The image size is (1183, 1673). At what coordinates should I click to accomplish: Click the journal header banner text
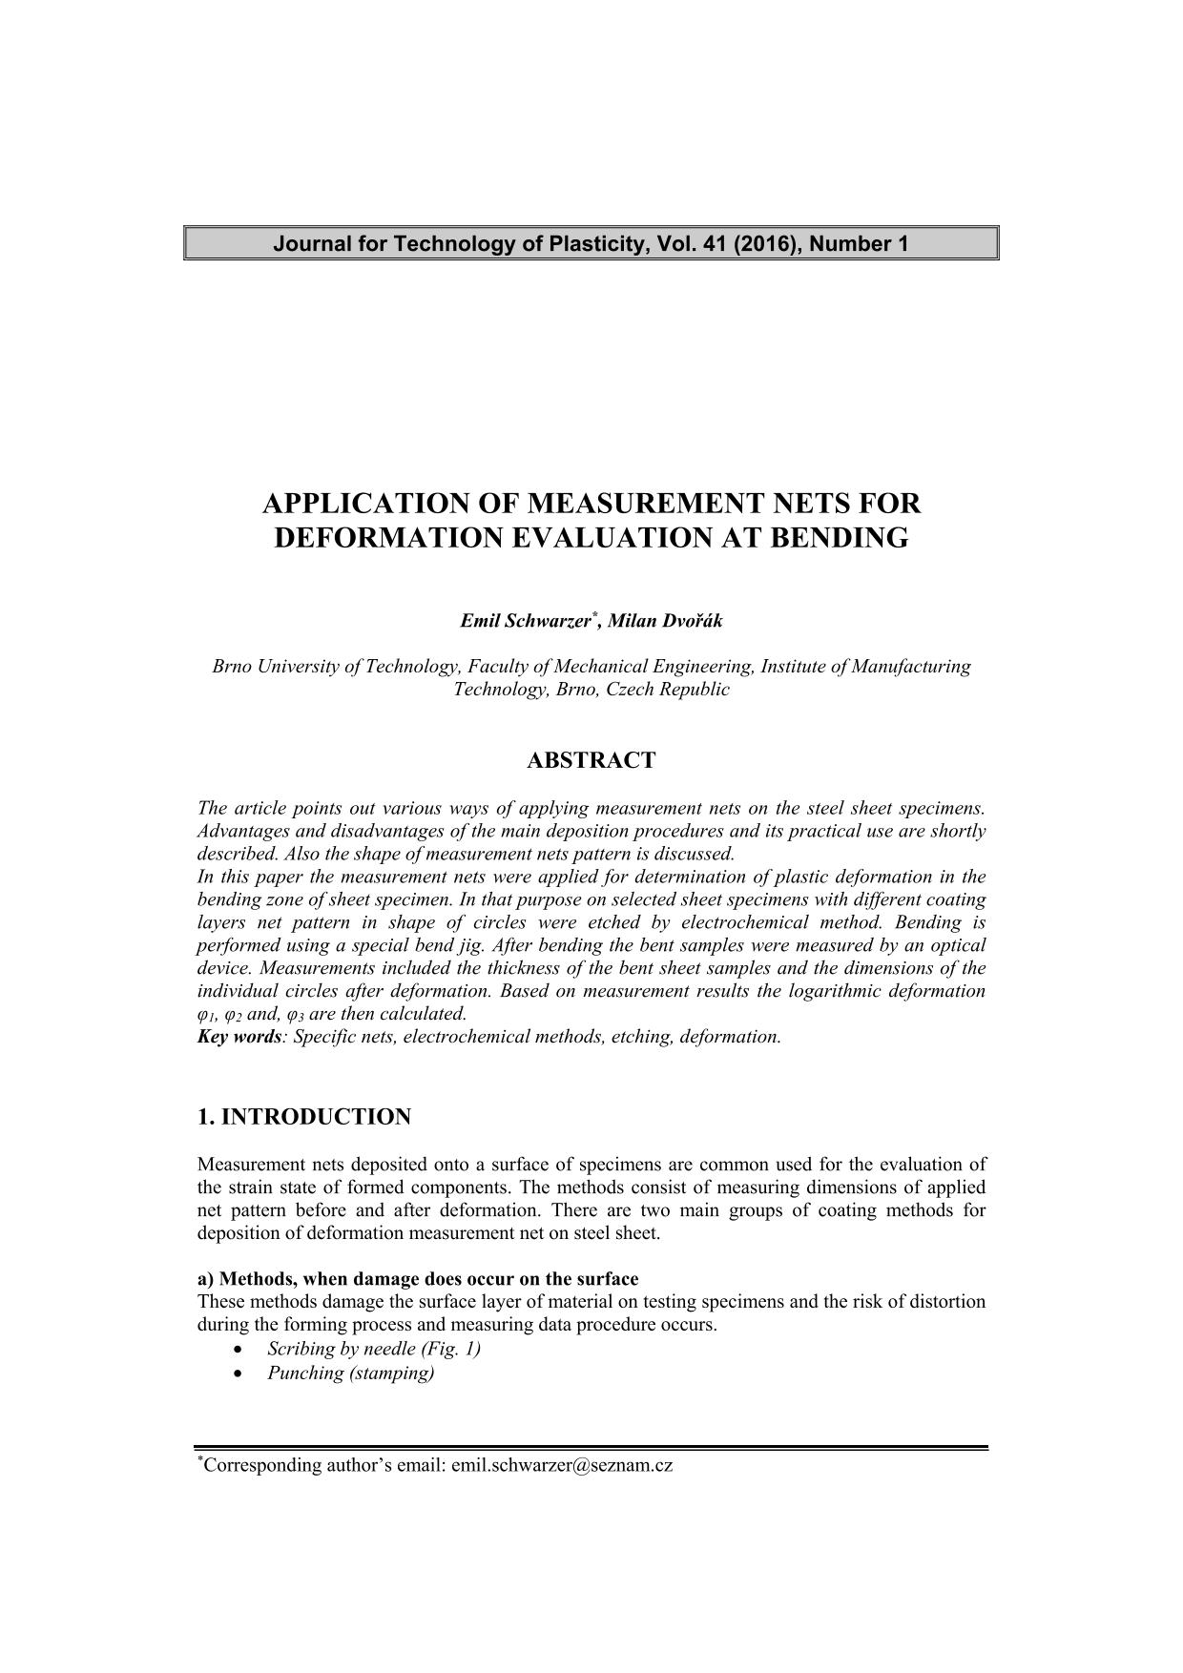591,244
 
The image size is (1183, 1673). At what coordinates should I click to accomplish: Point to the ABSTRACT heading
591,760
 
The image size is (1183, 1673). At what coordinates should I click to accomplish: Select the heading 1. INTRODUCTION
304,1117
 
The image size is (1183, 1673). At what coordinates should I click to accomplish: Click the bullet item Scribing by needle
373,1349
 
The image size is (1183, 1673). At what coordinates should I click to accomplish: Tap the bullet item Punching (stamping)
350,1374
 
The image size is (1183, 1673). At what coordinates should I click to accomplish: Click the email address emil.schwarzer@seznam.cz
562,1466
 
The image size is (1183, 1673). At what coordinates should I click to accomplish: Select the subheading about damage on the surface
418,1279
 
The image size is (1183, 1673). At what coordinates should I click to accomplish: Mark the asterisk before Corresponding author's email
200,1460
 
